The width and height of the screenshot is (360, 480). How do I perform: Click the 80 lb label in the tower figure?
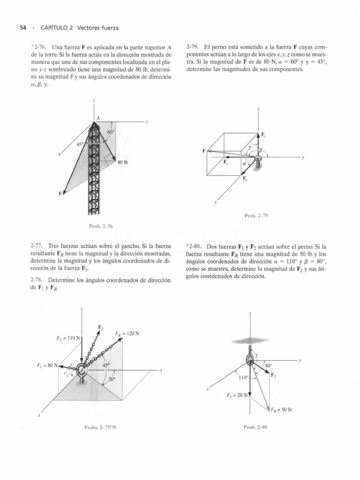click(x=123, y=162)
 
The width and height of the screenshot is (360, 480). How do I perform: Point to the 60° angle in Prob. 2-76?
click(x=111, y=133)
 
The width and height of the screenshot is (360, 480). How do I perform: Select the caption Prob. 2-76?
click(x=102, y=226)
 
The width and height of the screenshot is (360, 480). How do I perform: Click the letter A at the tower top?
click(x=98, y=118)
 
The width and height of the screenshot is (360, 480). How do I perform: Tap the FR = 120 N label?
click(x=125, y=334)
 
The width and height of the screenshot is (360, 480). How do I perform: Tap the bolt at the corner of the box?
click(x=258, y=163)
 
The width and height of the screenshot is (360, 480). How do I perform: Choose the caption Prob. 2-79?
click(x=255, y=216)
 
